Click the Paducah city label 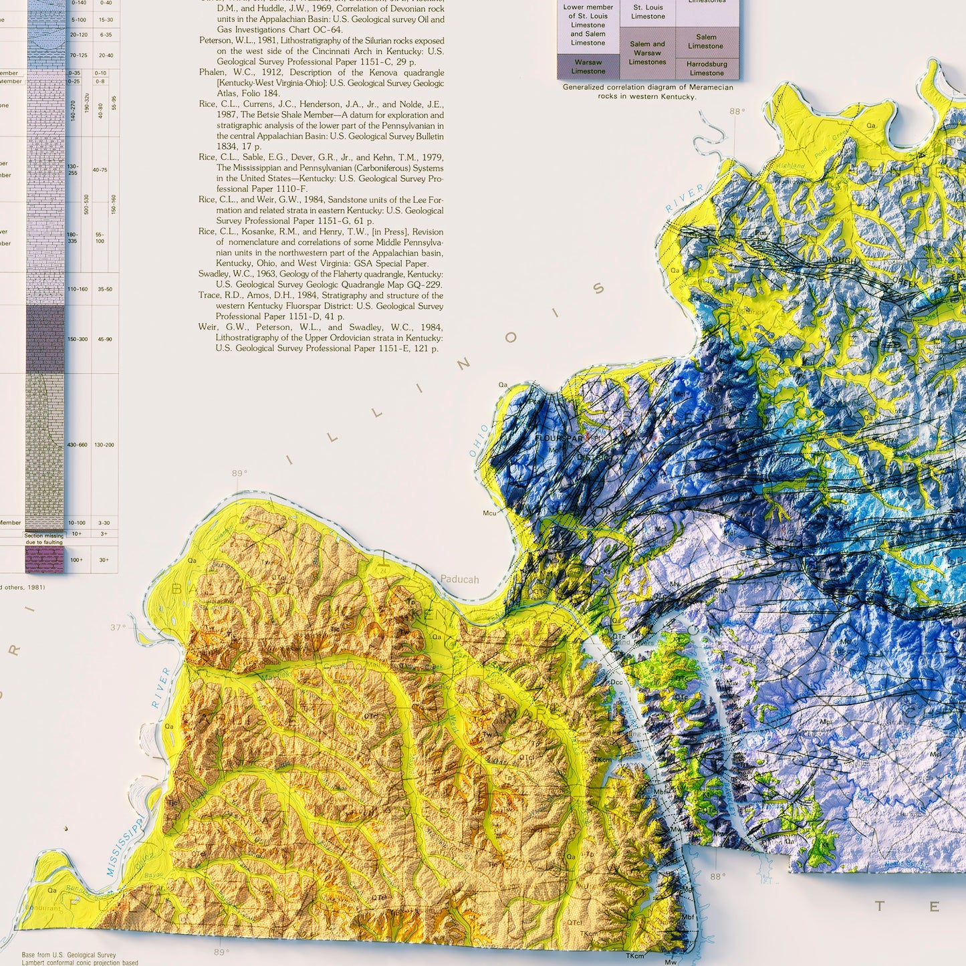[459, 580]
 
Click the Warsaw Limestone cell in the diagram [588, 67]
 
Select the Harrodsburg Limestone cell [707, 69]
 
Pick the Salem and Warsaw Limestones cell [647, 53]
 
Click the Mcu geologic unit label [489, 513]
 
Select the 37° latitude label [118, 628]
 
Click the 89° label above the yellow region [239, 473]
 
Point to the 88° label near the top [736, 112]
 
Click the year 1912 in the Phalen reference [267, 72]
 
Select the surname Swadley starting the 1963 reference [219, 274]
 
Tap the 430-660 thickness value [77, 445]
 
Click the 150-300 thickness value [77, 339]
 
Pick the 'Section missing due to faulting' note [44, 539]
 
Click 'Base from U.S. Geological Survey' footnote [68, 955]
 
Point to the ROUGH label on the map [842, 260]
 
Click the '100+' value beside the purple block [76, 560]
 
